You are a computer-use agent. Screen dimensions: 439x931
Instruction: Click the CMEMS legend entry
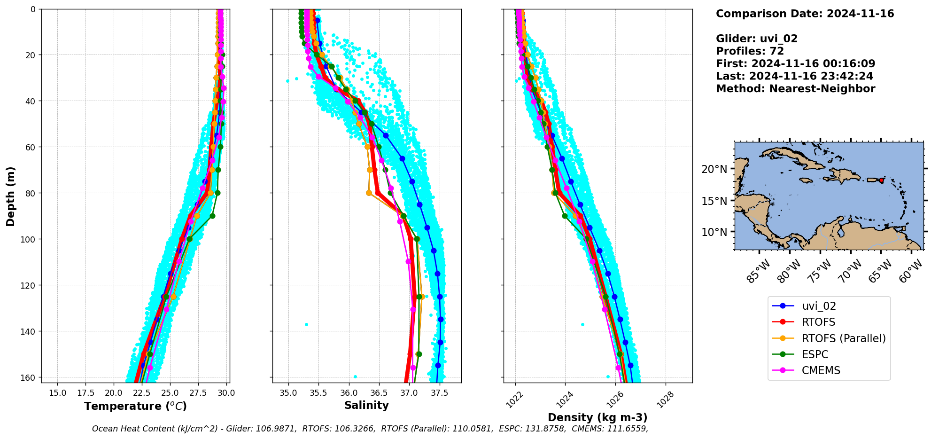click(x=821, y=370)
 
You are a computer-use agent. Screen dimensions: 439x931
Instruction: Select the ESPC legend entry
click(x=815, y=354)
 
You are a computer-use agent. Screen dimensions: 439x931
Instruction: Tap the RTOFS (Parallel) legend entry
click(x=843, y=338)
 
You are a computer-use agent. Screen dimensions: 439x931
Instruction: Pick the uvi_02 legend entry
click(x=819, y=306)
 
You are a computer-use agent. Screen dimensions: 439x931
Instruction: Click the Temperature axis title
click(x=135, y=406)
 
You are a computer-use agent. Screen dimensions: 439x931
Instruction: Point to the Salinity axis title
click(x=366, y=406)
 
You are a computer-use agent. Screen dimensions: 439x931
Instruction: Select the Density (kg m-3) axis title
click(x=597, y=417)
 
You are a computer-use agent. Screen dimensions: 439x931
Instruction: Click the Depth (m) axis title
click(x=10, y=196)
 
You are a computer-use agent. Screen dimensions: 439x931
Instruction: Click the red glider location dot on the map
click(x=881, y=180)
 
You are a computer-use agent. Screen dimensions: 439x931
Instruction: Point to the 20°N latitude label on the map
click(x=714, y=169)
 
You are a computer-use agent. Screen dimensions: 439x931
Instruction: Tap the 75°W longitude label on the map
click(x=820, y=272)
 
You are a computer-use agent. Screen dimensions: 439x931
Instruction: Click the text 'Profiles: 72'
click(x=750, y=51)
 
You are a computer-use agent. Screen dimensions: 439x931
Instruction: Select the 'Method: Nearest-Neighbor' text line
click(x=795, y=89)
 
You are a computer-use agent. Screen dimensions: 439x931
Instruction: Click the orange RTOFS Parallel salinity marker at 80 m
click(x=369, y=193)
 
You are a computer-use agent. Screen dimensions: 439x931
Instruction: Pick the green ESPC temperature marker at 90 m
click(x=212, y=216)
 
